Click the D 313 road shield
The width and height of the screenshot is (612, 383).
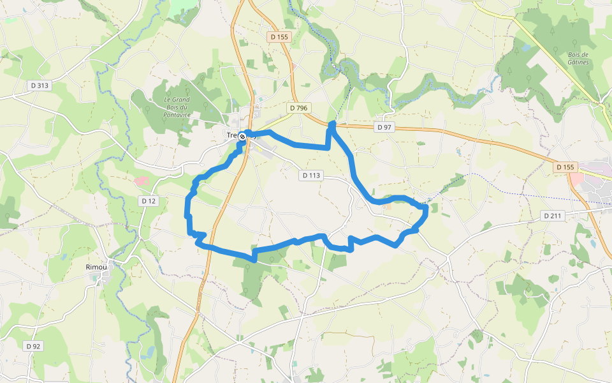(39, 86)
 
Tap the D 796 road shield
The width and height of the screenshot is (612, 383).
(298, 109)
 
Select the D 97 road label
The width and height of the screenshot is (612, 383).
(384, 128)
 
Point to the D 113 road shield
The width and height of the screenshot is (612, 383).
(312, 175)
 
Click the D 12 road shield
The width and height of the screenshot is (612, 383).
(149, 201)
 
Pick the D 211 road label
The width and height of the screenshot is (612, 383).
(553, 216)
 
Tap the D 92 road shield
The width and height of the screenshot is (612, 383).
(33, 346)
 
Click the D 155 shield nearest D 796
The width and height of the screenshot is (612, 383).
(279, 37)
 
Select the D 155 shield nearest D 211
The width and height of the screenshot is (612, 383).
(565, 167)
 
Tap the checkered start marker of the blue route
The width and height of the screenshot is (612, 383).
(242, 136)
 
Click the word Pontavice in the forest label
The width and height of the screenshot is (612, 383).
(177, 114)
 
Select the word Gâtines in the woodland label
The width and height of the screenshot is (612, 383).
(578, 63)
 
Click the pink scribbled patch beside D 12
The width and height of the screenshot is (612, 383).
(141, 181)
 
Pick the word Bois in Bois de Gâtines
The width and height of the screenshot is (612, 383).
(578, 54)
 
